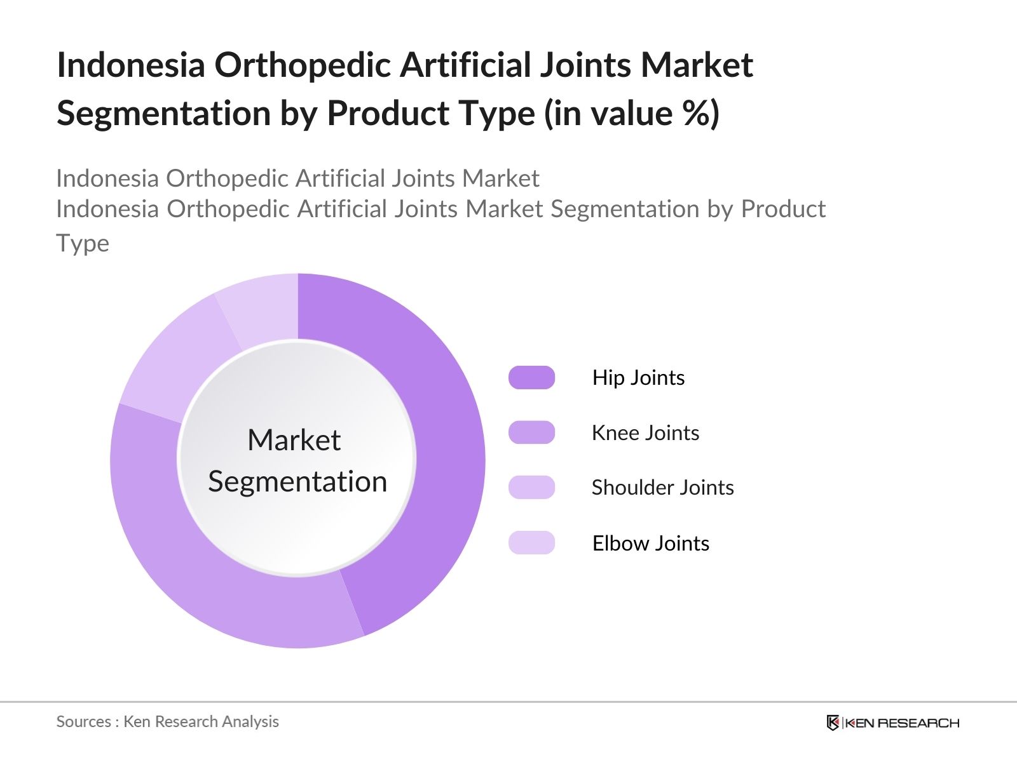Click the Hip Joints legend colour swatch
(531, 378)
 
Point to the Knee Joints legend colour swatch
(531, 432)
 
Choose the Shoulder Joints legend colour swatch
(531, 487)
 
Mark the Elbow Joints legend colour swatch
(531, 543)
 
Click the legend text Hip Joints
(638, 378)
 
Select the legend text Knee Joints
(645, 433)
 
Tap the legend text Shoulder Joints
(663, 488)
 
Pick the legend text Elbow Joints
(650, 543)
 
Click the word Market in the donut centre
(294, 439)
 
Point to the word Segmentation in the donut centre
(297, 482)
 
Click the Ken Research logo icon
(833, 723)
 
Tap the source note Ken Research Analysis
(201, 722)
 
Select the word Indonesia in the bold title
(131, 65)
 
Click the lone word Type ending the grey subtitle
(83, 244)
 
